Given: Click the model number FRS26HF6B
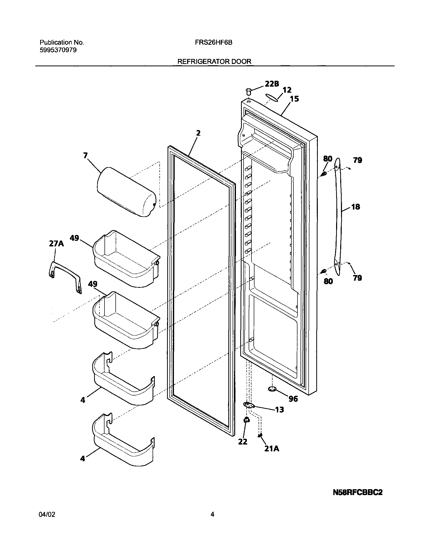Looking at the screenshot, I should tap(214, 43).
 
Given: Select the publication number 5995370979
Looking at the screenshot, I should tap(58, 50).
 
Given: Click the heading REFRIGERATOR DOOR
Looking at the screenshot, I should tap(214, 61).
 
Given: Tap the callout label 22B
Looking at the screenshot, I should tap(272, 84).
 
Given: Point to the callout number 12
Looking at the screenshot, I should tap(287, 90).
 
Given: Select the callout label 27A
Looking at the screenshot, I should tap(56, 244).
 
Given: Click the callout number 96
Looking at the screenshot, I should tap(293, 399).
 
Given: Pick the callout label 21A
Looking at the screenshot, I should tap(272, 449).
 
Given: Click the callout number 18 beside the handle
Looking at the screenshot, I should tap(356, 207).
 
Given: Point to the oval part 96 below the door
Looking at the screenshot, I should tap(272, 389).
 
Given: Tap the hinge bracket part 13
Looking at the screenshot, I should tap(249, 405).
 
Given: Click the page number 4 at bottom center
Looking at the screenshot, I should tap(212, 515).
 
